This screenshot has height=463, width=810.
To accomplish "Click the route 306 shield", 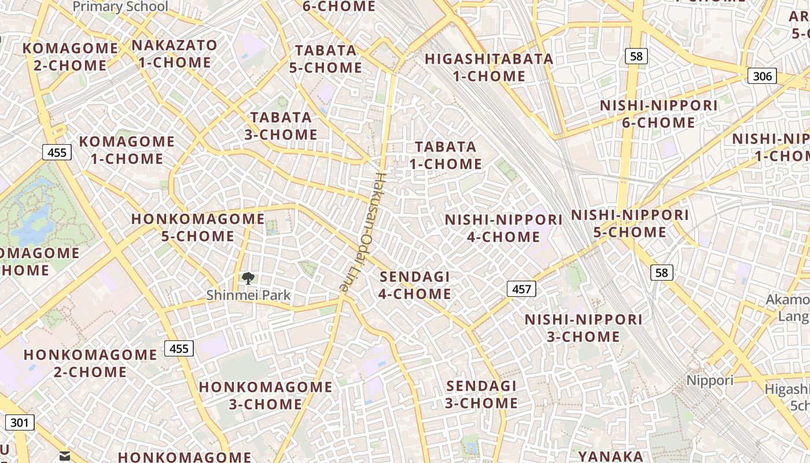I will (761, 76).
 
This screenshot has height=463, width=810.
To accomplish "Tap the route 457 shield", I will (521, 288).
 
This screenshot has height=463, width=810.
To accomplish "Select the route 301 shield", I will (19, 422).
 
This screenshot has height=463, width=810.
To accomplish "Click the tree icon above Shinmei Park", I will (248, 278).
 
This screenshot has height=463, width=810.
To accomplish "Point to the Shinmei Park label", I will (248, 295).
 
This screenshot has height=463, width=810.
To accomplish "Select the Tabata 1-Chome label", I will (446, 155).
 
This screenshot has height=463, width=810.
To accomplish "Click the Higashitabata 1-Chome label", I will (489, 67).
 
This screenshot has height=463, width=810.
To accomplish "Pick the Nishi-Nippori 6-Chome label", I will (658, 114).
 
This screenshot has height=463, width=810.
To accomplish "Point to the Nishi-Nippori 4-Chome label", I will (503, 228).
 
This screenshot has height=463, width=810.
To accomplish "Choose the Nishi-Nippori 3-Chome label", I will (583, 328).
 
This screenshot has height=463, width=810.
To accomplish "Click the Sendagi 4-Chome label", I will (414, 285).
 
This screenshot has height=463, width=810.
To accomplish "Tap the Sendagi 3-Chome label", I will (481, 394).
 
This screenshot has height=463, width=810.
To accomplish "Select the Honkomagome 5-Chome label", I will (198, 227).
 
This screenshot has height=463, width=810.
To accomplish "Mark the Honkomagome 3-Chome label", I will (266, 395).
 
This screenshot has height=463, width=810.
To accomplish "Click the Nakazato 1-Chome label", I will (175, 53).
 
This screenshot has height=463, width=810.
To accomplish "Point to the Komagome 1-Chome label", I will (127, 150).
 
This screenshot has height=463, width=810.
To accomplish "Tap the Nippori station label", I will (710, 380).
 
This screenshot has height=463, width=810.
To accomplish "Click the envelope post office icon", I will (65, 457).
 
